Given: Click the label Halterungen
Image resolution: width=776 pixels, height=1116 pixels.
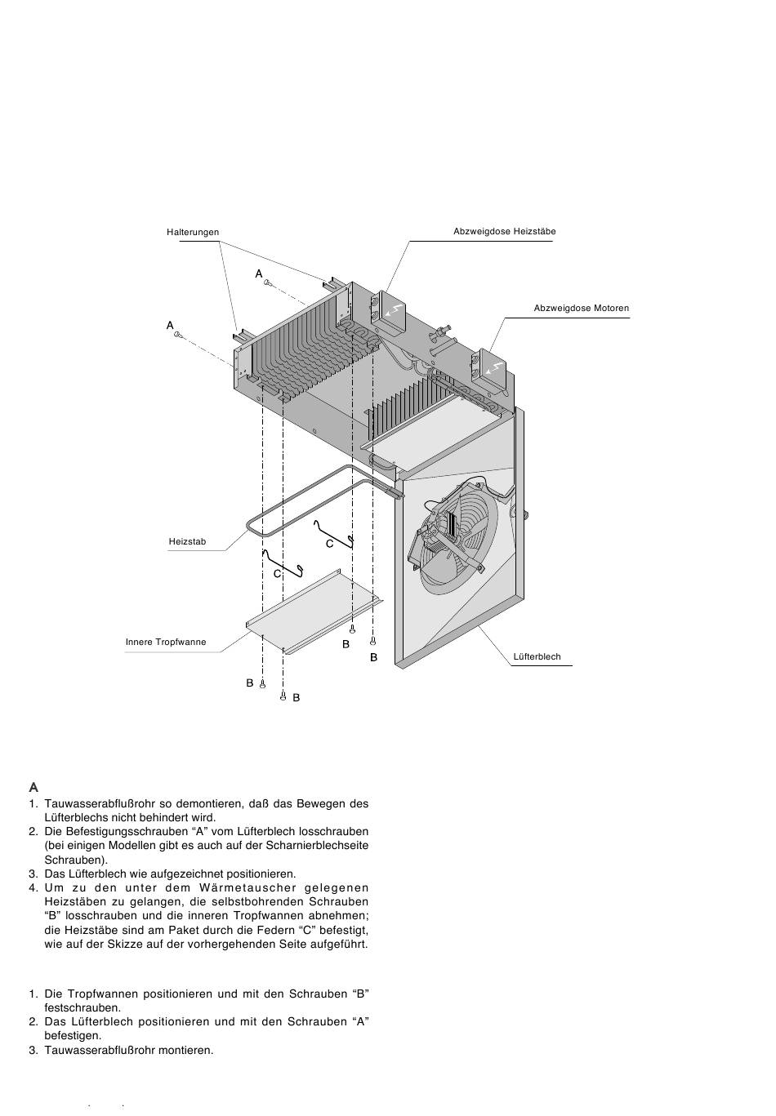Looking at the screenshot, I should click(193, 233).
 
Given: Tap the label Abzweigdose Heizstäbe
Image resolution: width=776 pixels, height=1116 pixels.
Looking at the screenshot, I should click(504, 232).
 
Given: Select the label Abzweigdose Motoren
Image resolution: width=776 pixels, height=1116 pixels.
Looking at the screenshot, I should click(581, 309).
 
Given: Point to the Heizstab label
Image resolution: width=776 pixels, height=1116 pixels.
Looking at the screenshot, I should click(187, 542).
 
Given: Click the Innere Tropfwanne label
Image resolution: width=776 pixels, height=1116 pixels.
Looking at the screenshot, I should click(166, 642).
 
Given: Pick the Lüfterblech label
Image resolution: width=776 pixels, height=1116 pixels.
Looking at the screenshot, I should click(537, 656).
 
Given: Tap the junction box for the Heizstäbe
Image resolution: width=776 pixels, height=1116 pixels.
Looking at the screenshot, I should click(388, 313).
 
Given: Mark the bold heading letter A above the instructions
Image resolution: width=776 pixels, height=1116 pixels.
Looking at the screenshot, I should click(33, 788).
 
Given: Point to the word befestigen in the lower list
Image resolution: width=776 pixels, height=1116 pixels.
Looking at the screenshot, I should click(73, 1035).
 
